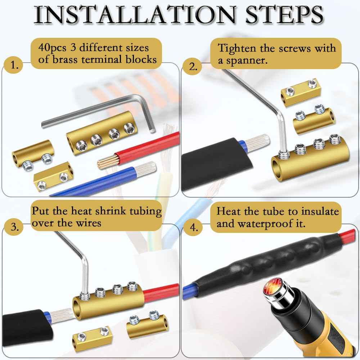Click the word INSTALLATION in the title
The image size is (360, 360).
point(133,15)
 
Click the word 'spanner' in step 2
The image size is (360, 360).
point(248,60)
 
